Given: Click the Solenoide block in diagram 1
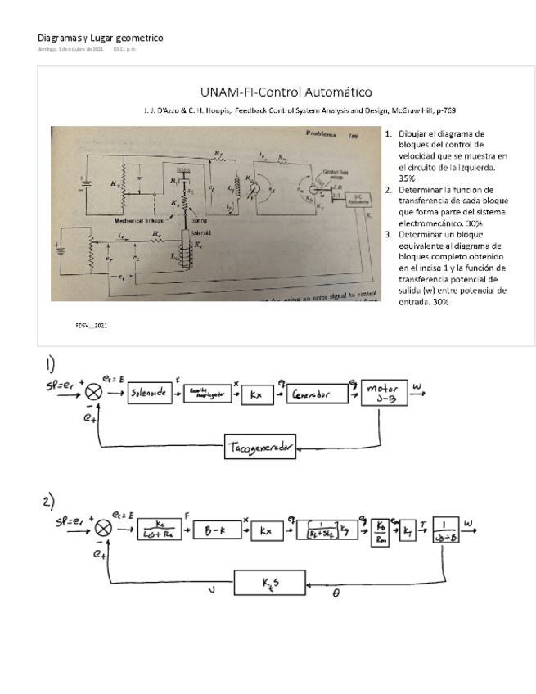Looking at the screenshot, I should [150, 395].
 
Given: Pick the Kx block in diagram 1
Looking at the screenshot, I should [256, 395].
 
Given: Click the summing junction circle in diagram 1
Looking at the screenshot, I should [92, 394].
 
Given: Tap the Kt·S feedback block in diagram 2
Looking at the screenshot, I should [268, 582].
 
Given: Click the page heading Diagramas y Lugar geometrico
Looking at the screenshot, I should [101, 38].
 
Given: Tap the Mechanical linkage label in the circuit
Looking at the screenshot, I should [135, 221].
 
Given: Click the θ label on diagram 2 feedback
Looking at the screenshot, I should [336, 595].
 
